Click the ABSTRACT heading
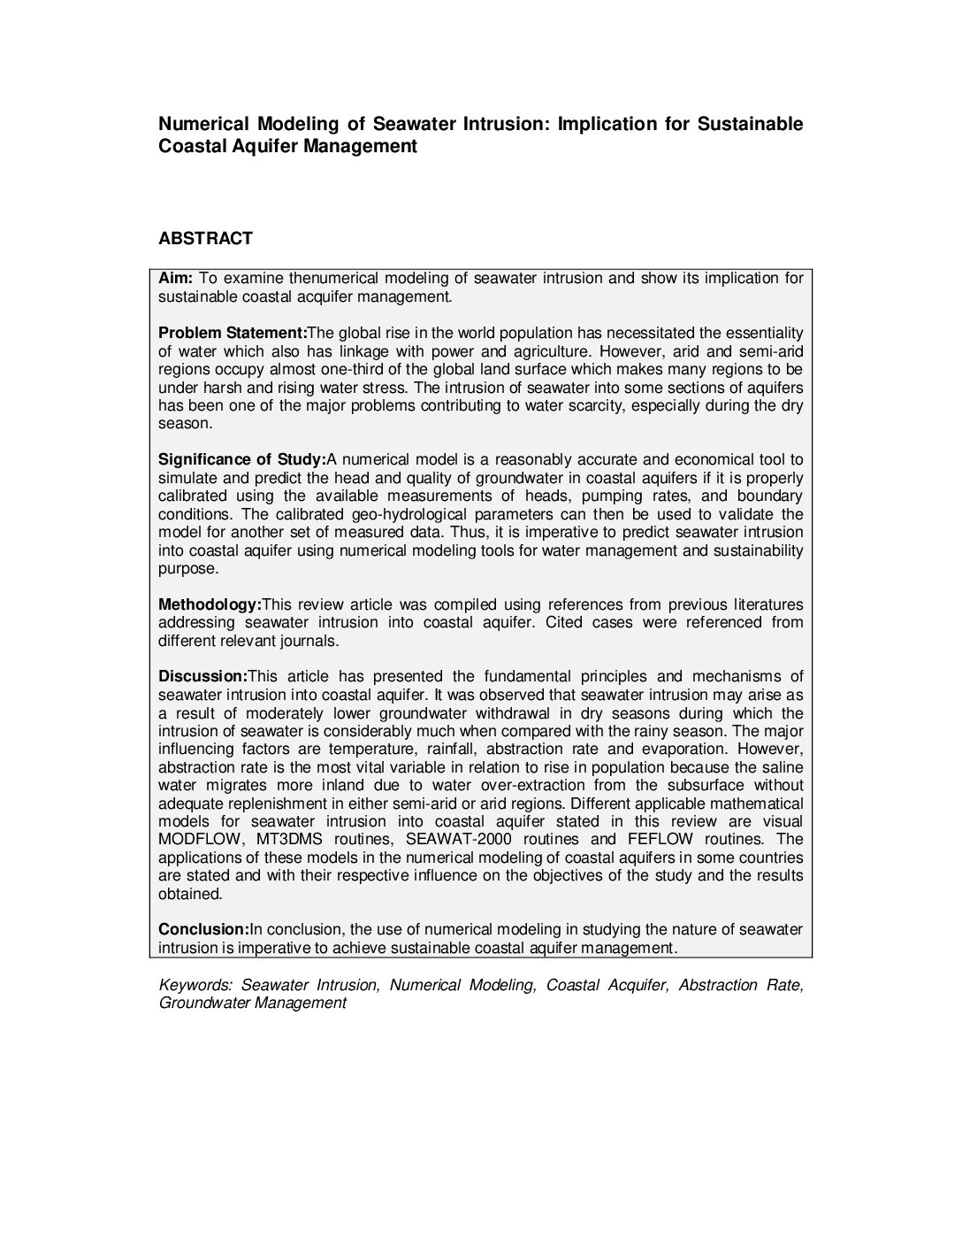tap(205, 238)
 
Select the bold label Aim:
tap(174, 278)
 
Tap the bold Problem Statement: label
tap(232, 333)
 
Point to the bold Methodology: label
tap(210, 604)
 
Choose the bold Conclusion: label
tap(203, 929)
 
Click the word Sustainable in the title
tap(750, 124)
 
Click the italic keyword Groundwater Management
tap(252, 1003)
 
